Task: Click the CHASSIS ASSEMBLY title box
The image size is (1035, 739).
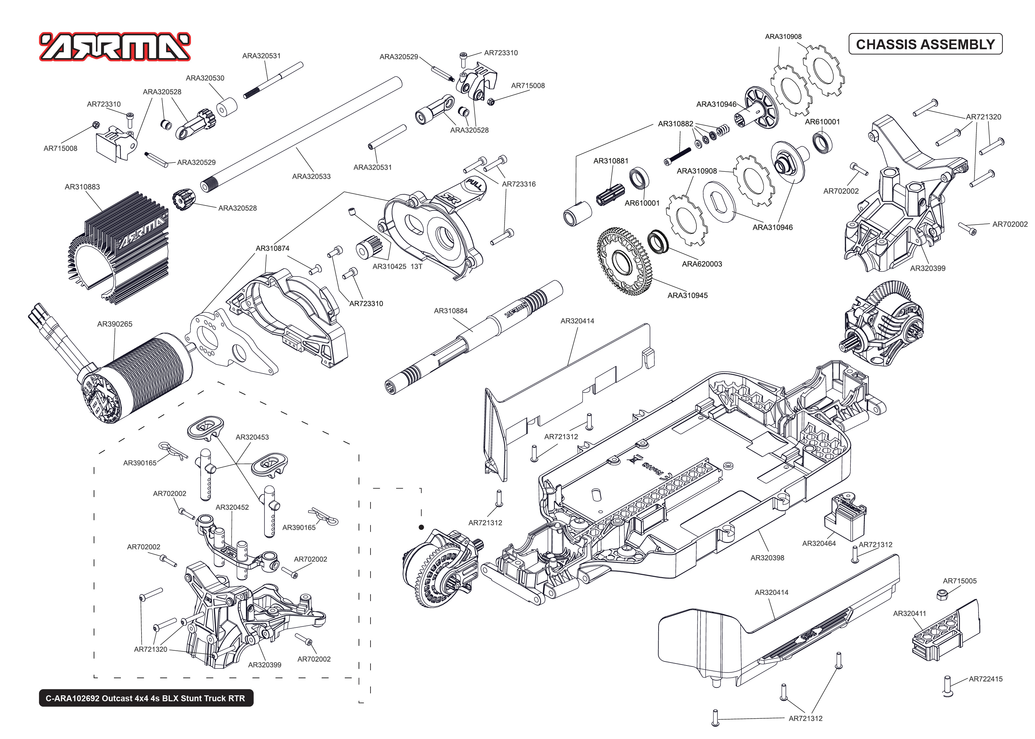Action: coord(925,44)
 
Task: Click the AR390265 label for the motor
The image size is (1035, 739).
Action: coord(115,324)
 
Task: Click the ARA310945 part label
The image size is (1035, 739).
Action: coord(687,296)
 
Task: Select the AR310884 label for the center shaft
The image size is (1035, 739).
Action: coord(451,311)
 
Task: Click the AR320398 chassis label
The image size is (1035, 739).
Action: coord(767,558)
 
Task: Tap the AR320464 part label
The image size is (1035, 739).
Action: coord(819,543)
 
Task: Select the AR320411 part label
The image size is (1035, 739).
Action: coord(910,613)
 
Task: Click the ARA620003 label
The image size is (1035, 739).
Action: coord(702,264)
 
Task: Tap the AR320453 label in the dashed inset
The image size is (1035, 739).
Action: coord(252,437)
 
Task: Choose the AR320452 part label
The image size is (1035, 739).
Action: coord(232,507)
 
